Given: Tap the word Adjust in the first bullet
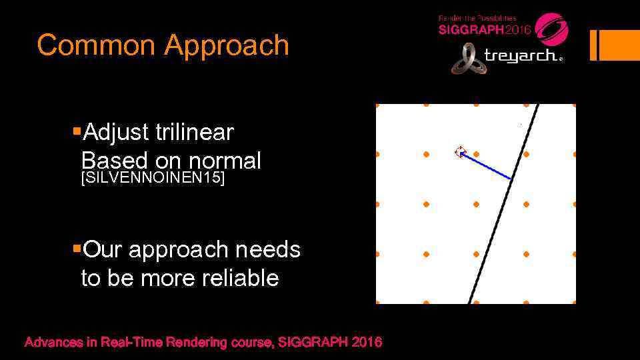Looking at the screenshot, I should click(x=114, y=133).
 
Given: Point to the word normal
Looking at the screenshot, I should click(x=225, y=161).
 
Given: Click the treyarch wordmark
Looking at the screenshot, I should click(x=523, y=56).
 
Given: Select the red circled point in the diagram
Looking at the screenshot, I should click(x=460, y=152).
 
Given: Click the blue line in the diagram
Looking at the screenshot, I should click(x=487, y=166).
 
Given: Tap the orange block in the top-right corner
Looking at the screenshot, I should click(x=619, y=45).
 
